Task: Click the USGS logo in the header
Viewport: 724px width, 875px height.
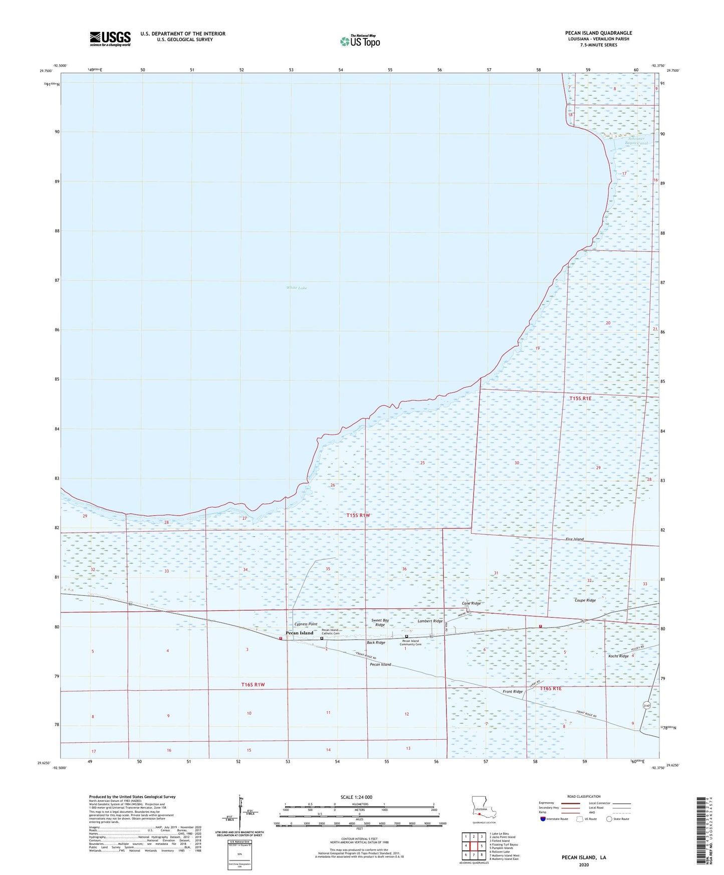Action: pos(110,39)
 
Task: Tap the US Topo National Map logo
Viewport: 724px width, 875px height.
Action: pos(360,41)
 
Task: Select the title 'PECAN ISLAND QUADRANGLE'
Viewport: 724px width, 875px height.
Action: pos(598,33)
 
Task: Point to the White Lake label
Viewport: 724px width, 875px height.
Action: pos(297,288)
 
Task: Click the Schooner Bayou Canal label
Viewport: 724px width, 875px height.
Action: pos(636,141)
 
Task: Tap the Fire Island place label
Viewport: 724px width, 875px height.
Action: pos(575,539)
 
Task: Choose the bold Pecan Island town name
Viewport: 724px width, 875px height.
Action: pos(299,633)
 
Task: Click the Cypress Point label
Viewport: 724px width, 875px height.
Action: pos(306,624)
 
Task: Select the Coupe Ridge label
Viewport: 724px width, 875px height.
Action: pos(585,600)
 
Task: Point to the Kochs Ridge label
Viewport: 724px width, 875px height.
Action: pos(618,656)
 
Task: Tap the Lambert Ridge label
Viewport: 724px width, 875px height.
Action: pos(430,621)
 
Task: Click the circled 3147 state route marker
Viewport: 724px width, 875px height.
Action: pos(646,705)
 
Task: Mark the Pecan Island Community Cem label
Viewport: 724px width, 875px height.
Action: pos(410,642)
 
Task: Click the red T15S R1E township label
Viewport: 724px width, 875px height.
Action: pos(580,398)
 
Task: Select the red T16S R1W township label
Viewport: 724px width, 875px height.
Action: pos(253,685)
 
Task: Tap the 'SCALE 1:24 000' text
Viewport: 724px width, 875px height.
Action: pos(356,797)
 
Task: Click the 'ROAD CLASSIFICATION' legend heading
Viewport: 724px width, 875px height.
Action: pos(584,796)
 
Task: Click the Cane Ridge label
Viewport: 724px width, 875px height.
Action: pos(471,603)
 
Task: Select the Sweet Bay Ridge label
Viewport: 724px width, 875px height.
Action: pos(380,622)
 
